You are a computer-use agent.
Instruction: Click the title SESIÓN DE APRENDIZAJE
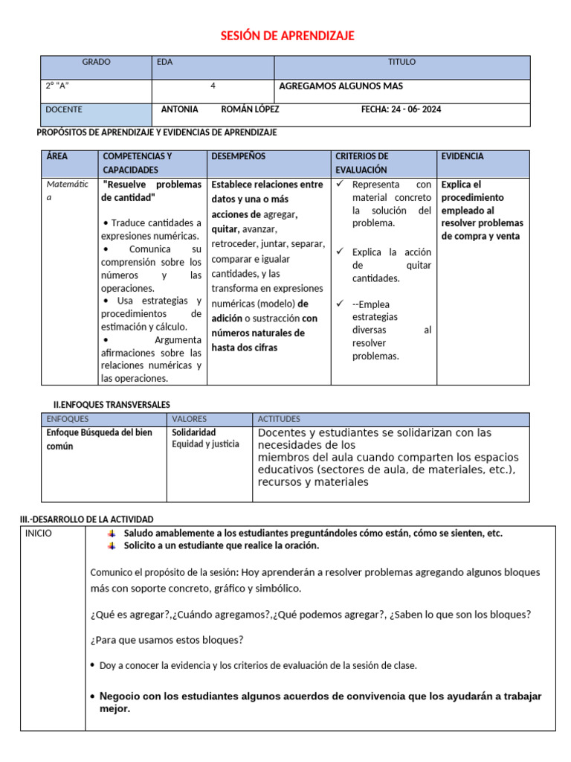[288, 36]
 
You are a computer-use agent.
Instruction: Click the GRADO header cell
[96, 63]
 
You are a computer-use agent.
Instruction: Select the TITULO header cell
[401, 63]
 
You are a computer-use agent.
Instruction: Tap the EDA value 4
[213, 86]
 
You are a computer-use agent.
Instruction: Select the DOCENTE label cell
[65, 110]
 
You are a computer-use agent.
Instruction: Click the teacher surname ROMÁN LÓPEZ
[251, 109]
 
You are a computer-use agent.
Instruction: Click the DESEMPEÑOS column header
[238, 157]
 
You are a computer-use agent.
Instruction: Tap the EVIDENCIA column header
[462, 157]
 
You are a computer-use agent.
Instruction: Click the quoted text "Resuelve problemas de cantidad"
[152, 191]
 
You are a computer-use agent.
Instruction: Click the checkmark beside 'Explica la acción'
[340, 252]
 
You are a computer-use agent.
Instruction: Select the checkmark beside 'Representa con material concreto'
[340, 184]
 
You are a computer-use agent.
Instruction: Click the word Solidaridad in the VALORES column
[194, 432]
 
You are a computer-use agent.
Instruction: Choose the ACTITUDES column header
[279, 420]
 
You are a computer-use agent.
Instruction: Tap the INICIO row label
[39, 534]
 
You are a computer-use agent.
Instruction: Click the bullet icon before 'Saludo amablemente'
[112, 534]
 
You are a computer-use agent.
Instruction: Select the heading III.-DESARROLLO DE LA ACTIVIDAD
[86, 519]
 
